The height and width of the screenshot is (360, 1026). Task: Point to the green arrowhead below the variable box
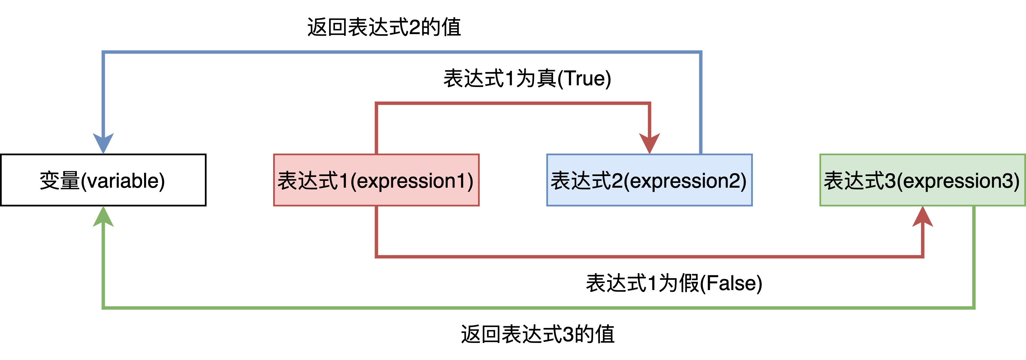(x=103, y=217)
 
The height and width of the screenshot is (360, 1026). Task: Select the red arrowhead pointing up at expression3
(x=923, y=217)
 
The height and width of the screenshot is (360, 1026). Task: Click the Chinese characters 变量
(x=60, y=181)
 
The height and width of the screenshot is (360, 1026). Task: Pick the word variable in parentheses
(x=123, y=181)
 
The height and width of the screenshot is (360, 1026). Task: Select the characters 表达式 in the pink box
(x=308, y=181)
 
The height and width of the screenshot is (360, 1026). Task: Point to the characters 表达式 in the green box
(x=854, y=181)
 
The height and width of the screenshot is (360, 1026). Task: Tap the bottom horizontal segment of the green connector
(x=538, y=308)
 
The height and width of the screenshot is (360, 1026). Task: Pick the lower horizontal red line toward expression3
(x=649, y=257)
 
